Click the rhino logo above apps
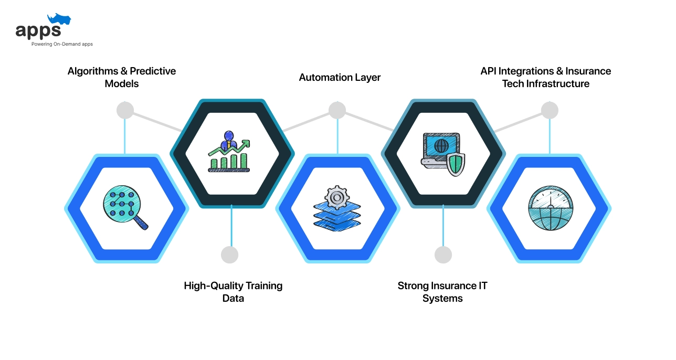59,20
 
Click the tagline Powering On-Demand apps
62,44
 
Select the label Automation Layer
340,77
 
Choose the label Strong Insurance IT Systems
442,292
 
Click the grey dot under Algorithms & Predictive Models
125,110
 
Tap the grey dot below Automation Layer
337,110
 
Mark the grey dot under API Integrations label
550,110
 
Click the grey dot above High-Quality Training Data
230,255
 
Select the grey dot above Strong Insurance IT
443,255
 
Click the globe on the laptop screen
441,145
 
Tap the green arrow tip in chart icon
247,142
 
